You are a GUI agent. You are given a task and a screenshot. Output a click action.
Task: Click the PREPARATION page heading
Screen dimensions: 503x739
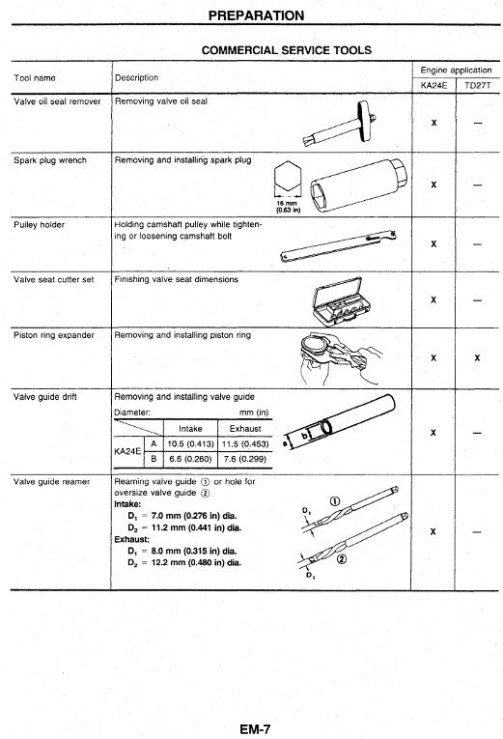coord(256,15)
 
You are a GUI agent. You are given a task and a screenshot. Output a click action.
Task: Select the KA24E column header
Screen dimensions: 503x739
coord(433,85)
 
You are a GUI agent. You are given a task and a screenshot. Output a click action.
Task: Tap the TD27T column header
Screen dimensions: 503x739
coord(478,85)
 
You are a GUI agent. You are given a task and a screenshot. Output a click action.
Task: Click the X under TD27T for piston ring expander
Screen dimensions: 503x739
coord(477,357)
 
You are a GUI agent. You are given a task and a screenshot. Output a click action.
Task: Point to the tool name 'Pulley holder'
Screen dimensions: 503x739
coord(39,225)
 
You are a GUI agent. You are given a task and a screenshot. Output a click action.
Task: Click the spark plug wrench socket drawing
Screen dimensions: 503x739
coord(357,185)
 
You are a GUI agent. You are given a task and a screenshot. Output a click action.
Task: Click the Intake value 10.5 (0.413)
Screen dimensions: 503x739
coord(191,444)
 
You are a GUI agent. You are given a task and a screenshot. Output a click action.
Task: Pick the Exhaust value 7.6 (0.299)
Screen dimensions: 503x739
coord(245,459)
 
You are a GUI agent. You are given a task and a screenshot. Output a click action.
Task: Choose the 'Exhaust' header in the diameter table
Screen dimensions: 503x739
coord(245,429)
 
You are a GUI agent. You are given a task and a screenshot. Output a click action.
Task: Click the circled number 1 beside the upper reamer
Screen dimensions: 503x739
coord(334,501)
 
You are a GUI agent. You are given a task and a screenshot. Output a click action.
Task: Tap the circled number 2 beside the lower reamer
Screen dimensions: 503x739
coord(342,559)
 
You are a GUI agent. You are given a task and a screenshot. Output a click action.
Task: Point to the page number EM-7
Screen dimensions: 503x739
coord(255,729)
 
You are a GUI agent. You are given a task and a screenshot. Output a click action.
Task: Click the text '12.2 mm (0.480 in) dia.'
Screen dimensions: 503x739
coord(196,562)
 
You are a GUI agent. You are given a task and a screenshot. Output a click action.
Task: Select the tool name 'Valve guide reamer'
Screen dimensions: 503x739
coord(51,482)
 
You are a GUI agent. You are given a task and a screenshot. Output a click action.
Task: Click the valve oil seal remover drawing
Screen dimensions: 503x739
coord(340,124)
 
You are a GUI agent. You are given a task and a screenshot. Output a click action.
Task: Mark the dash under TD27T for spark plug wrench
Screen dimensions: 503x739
coord(478,185)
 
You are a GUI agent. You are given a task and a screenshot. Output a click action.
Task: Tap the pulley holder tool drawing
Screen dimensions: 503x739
coord(339,246)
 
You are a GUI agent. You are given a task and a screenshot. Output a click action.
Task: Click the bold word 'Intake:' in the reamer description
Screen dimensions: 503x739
coord(127,504)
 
